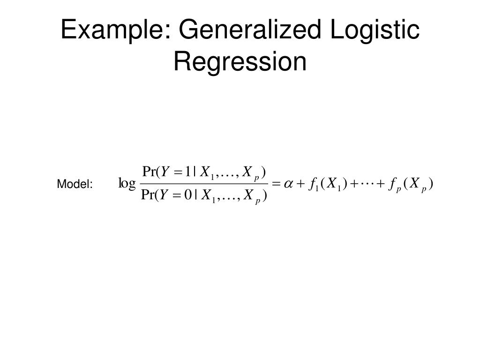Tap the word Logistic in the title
pos(375,30)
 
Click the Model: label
pos(75,185)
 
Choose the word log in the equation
pos(127,183)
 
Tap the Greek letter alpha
pos(287,184)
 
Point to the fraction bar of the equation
pos(204,184)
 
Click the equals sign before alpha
pos(275,184)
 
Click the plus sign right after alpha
pos(299,184)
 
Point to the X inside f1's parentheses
pos(332,184)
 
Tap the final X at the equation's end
pos(415,184)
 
